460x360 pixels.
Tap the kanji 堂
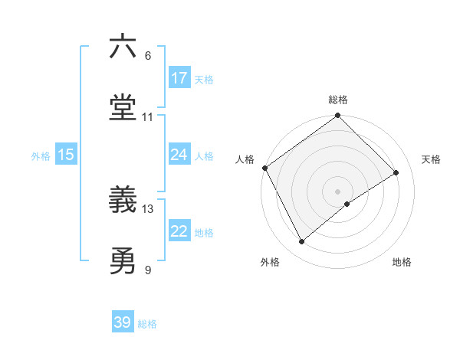point(123,108)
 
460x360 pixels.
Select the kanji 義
point(123,201)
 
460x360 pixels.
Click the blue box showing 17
point(179,78)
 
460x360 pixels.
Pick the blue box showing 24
point(179,155)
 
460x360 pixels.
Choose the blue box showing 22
point(179,231)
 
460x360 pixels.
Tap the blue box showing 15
point(66,155)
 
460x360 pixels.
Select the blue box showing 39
point(123,322)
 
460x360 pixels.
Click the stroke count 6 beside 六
point(148,56)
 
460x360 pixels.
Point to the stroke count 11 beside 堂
point(148,117)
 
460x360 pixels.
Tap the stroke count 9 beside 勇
point(148,270)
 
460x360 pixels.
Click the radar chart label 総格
point(338,100)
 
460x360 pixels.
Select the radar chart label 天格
point(431,159)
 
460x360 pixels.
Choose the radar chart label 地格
point(402,262)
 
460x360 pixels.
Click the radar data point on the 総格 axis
point(338,116)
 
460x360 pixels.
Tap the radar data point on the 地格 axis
point(347,204)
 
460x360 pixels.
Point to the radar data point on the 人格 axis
point(265,168)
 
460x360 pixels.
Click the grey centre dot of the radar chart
point(338,191)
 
